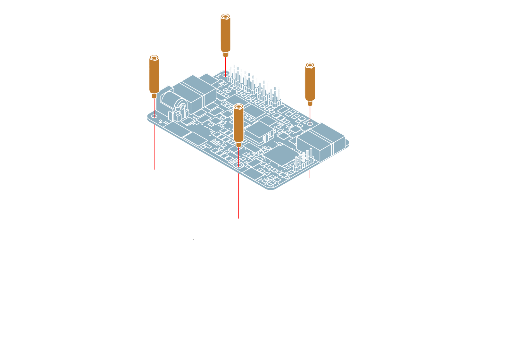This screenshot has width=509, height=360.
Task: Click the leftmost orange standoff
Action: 154,76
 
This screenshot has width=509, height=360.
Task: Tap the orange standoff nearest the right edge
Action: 310,83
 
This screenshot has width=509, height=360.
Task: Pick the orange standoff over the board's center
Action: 238,123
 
